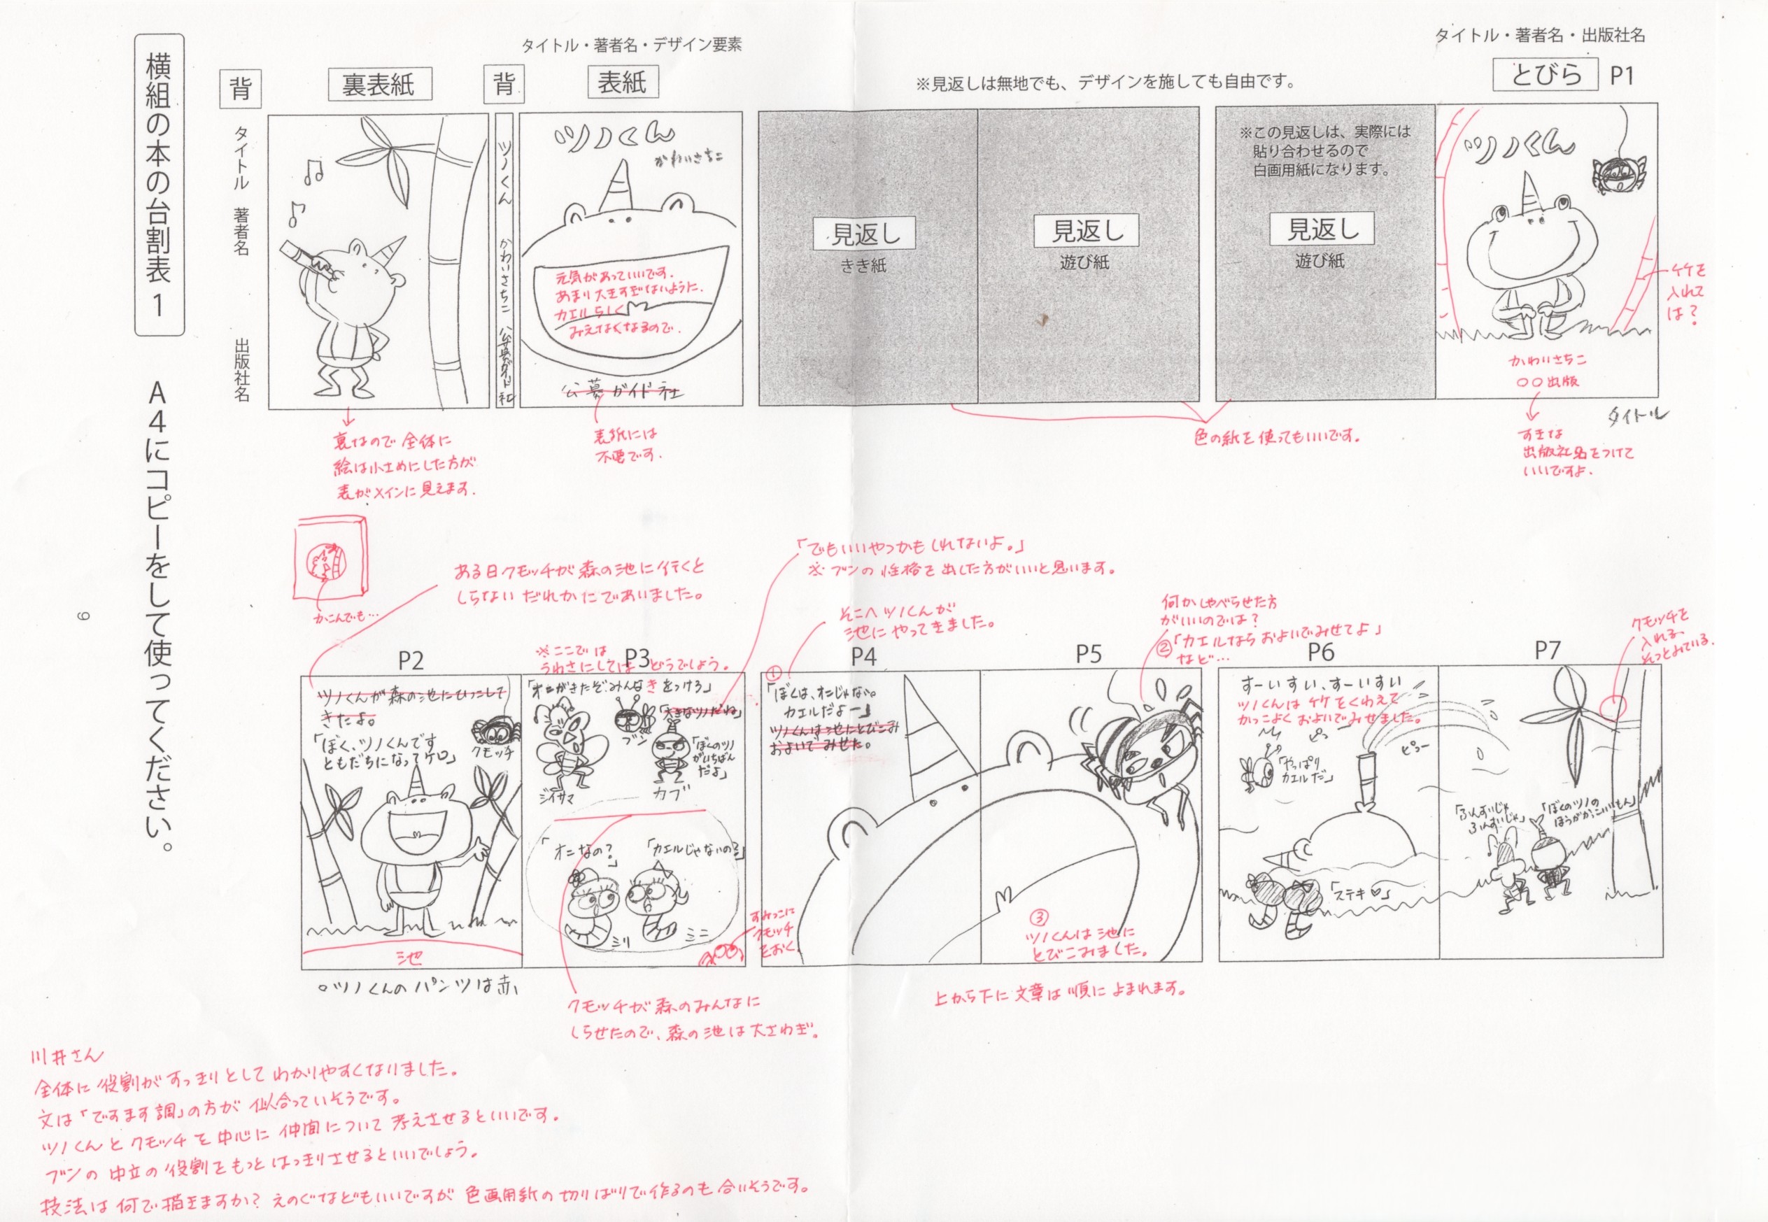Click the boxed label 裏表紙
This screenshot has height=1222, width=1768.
380,84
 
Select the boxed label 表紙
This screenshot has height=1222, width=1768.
622,83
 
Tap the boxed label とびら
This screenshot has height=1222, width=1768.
1546,74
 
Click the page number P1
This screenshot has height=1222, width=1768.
1622,75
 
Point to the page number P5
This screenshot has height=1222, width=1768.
1088,654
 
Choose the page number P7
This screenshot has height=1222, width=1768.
1547,651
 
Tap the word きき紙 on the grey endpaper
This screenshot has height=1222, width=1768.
863,265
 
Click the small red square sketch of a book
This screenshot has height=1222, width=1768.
331,557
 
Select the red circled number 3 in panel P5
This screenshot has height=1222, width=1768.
1039,917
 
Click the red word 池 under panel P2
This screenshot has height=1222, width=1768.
409,957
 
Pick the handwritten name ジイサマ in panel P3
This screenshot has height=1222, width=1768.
557,797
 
